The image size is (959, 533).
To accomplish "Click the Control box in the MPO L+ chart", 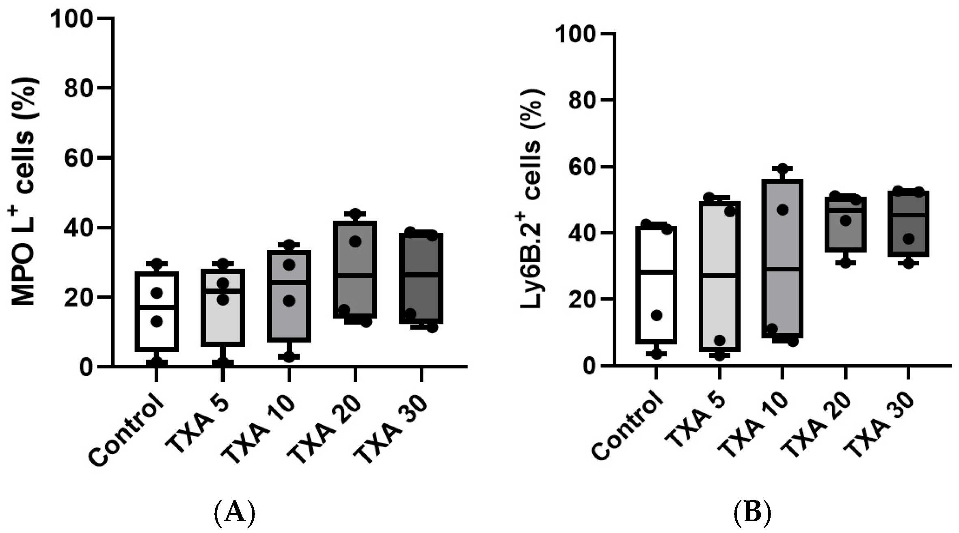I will point(157,311).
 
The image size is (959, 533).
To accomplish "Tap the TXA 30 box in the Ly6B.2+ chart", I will point(908,223).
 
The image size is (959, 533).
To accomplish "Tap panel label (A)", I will point(234,513).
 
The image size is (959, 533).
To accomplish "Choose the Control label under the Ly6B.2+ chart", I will point(627,431).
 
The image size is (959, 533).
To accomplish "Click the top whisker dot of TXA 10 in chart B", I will point(782,169).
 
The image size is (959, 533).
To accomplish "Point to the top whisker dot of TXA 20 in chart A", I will point(355,214).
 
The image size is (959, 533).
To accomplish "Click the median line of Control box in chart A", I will point(157,307).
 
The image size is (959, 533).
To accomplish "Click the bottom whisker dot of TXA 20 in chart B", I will point(845,263).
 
